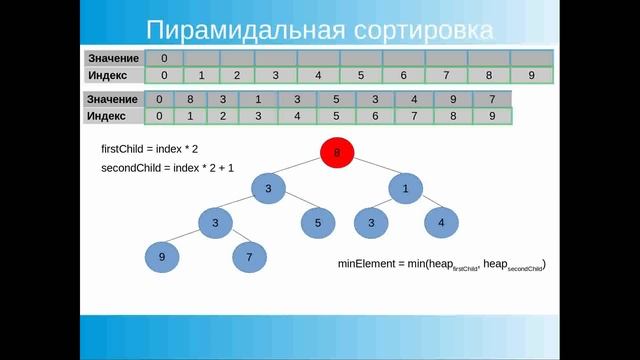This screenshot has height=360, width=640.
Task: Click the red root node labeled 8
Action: click(337, 153)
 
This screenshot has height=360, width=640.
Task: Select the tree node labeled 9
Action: click(161, 258)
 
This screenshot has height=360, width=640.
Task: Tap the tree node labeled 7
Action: click(249, 258)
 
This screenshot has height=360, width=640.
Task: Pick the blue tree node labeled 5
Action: click(317, 223)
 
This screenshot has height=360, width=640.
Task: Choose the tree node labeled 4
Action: click(441, 223)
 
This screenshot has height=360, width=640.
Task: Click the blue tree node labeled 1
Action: click(406, 188)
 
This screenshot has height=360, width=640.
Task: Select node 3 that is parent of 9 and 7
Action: click(214, 223)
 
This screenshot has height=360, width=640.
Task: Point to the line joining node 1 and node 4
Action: click(424, 206)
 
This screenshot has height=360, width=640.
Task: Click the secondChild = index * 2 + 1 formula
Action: click(166, 168)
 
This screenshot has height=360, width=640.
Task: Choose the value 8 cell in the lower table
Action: click(189, 99)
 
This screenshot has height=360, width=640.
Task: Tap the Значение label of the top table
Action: click(112, 58)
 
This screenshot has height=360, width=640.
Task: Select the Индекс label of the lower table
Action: click(112, 116)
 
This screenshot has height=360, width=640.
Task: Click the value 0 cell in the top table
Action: click(164, 58)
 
